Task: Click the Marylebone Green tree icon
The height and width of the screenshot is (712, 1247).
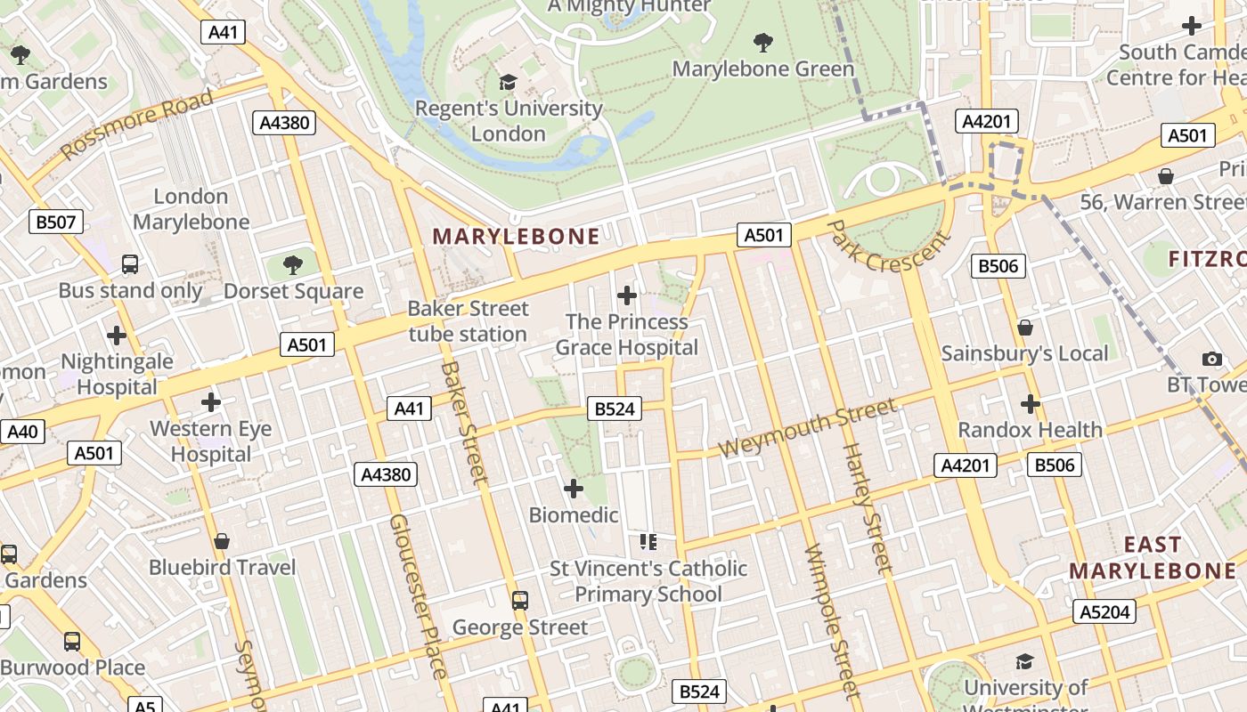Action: (762, 42)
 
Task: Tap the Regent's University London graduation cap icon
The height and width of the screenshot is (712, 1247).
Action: (508, 83)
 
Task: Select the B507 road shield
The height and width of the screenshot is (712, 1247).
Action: (56, 222)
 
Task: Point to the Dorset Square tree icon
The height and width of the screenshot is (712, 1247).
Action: (292, 265)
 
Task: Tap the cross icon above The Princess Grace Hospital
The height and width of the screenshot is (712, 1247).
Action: (627, 295)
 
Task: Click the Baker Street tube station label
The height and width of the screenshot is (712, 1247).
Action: (468, 321)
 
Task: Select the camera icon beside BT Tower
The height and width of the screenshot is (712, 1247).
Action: (1211, 360)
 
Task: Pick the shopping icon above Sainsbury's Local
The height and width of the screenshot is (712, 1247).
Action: (1025, 328)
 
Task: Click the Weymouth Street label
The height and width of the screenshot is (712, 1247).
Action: (807, 428)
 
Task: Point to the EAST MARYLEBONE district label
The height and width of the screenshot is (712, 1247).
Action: (1153, 558)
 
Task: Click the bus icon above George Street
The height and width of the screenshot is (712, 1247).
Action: (520, 601)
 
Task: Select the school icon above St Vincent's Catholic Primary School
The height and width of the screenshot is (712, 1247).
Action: (648, 541)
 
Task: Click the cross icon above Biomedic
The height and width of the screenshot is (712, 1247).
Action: (574, 489)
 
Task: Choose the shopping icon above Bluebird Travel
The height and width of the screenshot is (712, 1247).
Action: (222, 541)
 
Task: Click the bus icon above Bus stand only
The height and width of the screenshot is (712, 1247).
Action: (130, 264)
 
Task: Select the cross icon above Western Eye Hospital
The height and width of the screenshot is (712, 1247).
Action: (211, 402)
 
